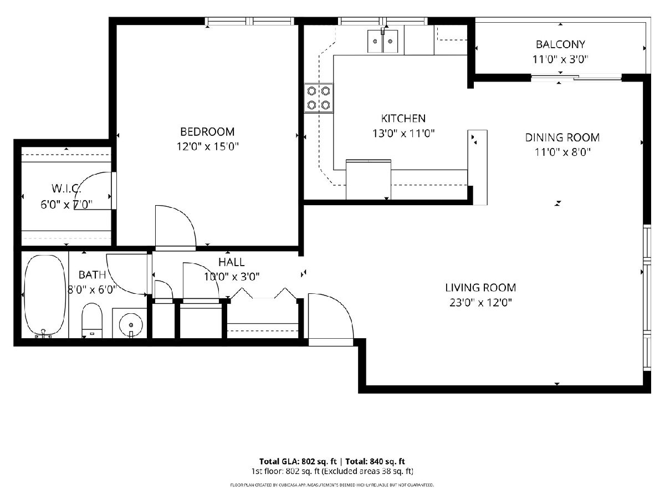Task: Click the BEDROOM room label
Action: (207, 132)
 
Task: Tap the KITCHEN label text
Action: (403, 119)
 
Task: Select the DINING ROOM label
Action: (562, 138)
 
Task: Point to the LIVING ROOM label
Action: (480, 288)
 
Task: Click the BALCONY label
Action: (560, 44)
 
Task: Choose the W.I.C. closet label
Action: (66, 189)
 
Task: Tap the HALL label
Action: (232, 262)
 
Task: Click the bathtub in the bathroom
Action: (45, 296)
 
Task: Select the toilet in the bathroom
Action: (92, 320)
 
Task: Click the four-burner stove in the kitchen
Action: (319, 98)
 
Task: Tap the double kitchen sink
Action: (382, 41)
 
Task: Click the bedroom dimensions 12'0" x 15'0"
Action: (207, 146)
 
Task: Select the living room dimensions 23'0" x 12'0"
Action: (480, 302)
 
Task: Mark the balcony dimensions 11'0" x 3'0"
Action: (560, 59)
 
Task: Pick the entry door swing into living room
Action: (339, 309)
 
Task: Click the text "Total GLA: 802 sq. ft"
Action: (298, 461)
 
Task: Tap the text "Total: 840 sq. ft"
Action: (375, 461)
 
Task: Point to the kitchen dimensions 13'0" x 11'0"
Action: (403, 133)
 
